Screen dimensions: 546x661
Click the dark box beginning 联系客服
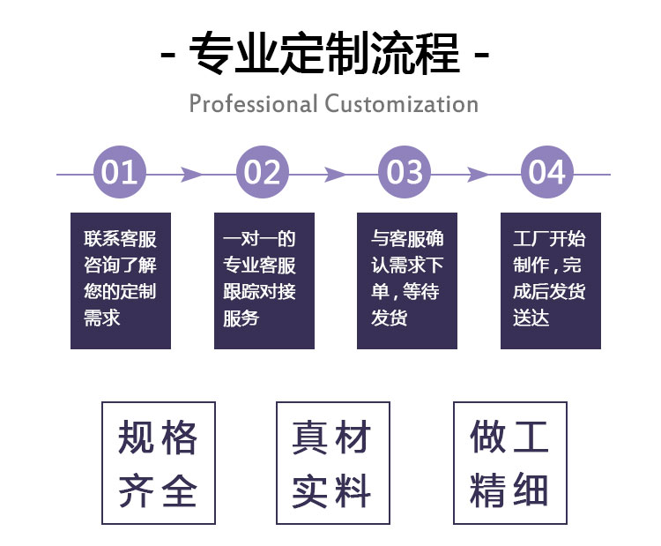point(121,280)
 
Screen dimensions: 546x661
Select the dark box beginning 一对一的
point(264,280)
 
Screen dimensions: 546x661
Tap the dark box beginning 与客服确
point(406,280)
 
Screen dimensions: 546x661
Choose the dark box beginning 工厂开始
point(550,280)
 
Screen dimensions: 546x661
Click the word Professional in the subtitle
point(253,104)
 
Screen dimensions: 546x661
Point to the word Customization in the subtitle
point(401,104)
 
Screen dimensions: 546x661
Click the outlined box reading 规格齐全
point(158,463)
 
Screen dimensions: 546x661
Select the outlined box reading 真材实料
point(331,463)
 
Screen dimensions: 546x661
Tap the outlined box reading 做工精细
point(509,463)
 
